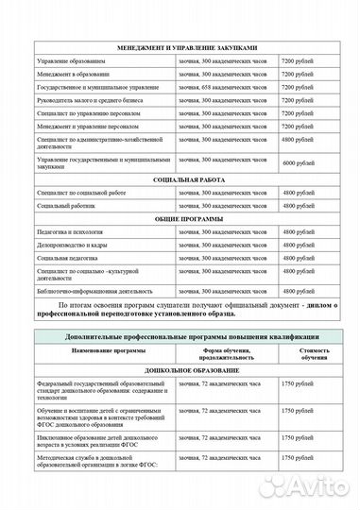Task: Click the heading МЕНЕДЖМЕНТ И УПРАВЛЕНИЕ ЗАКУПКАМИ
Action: tap(180, 45)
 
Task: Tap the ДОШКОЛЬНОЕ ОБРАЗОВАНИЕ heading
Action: tap(180, 371)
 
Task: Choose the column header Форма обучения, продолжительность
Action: tap(228, 353)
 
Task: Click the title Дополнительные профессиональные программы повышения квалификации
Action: tap(180, 337)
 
